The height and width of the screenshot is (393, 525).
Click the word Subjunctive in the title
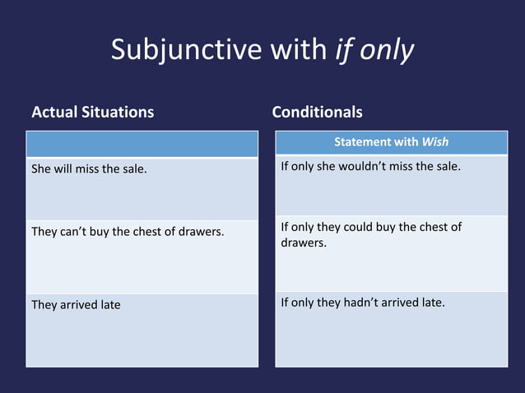tap(186, 50)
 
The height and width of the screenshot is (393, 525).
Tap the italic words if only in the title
tap(374, 50)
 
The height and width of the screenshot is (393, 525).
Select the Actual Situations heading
tap(92, 112)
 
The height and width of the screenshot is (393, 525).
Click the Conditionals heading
tap(317, 112)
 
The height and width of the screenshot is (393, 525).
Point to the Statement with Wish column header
tap(391, 142)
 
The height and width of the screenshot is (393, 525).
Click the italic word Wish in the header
tap(435, 142)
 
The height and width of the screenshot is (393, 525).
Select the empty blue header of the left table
tap(142, 144)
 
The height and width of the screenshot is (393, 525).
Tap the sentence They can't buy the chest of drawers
tap(128, 232)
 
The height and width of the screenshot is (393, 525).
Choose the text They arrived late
tap(76, 305)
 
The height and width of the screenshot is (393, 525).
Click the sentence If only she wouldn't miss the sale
tap(370, 167)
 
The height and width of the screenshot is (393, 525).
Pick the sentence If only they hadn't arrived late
tap(363, 303)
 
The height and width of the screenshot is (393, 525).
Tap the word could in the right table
tap(359, 227)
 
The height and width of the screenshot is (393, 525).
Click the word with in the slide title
tap(300, 50)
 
